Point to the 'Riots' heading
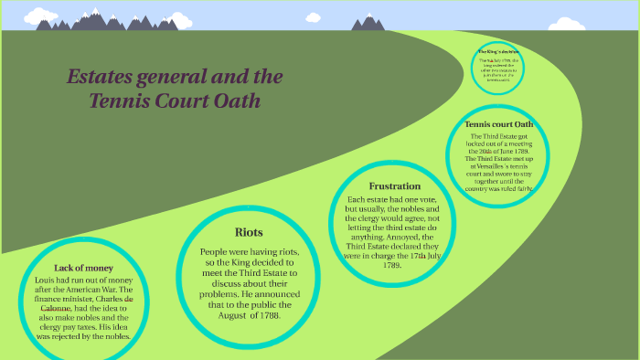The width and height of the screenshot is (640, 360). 249,232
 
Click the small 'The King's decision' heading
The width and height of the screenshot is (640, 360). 498,52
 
